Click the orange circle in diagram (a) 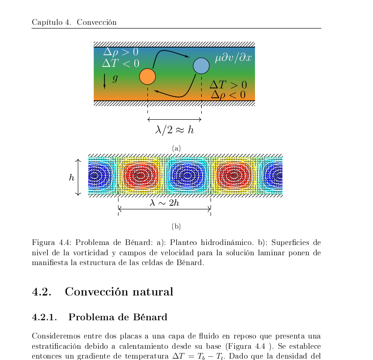pos(147,76)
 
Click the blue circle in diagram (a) pos(201,66)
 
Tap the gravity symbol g pos(115,79)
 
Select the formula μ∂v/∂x pos(234,58)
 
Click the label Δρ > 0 pos(121,52)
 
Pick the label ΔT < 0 pos(121,63)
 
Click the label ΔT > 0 pos(227,85)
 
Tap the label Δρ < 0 pos(228,95)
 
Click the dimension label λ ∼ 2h pos(164,203)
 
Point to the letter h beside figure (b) pos(72,178)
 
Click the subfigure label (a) pos(176,148)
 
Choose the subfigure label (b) pos(176,227)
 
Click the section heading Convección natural pos(119,292)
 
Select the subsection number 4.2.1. pos(44,317)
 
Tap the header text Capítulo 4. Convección pos(74,22)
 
